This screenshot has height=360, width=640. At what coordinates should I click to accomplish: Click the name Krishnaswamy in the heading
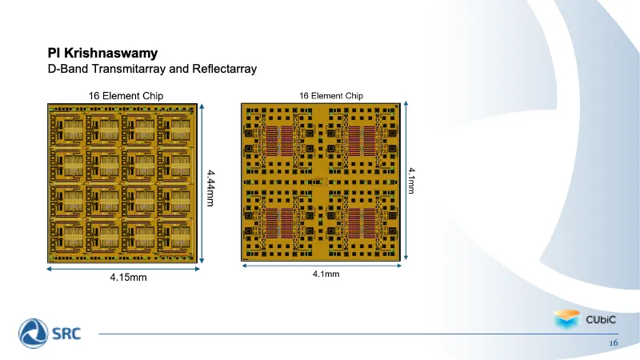110,54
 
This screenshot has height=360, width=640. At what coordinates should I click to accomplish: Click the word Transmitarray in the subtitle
129,69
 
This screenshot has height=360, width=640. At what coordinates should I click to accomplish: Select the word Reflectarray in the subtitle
225,69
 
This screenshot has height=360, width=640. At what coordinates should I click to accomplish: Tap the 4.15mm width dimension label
128,278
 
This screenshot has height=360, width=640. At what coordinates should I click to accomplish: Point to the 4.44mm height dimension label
210,188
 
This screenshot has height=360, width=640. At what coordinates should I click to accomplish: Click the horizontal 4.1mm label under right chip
326,274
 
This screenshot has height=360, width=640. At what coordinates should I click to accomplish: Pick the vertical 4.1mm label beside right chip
411,181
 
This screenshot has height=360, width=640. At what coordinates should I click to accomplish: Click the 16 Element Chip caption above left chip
126,96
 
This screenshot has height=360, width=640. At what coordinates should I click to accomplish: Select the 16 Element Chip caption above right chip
331,96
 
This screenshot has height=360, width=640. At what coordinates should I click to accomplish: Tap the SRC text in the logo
66,334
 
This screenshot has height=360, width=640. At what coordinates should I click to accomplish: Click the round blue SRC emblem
33,334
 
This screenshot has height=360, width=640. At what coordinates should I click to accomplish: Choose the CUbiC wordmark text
601,319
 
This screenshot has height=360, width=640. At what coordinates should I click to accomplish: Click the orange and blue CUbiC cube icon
566,319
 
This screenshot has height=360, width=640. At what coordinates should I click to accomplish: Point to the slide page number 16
614,343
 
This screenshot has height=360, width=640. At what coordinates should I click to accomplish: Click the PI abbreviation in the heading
54,54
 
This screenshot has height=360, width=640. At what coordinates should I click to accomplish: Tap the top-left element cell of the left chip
66,130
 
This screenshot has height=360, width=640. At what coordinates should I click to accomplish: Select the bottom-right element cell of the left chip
174,238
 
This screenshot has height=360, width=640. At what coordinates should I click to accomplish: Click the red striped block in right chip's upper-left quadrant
279,142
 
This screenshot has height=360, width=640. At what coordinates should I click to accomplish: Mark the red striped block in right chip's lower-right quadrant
362,223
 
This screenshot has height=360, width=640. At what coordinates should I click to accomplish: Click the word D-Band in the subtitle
68,69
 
